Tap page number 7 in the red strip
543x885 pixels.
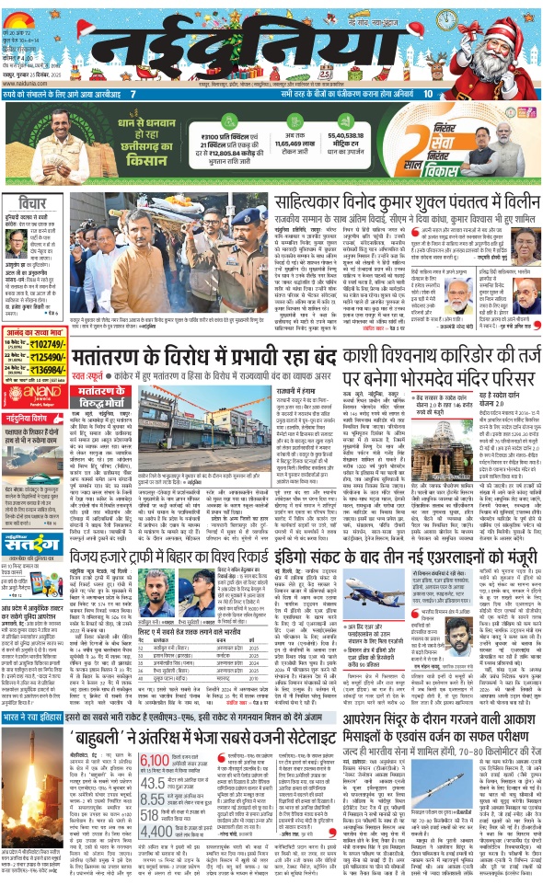point(133,94)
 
